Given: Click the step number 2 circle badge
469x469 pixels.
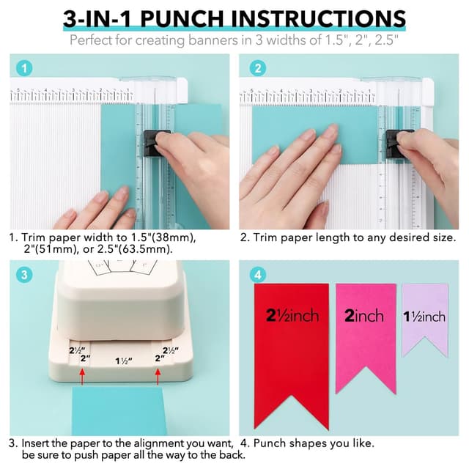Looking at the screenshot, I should point(257,69).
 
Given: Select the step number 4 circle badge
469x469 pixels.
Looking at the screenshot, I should point(257,276).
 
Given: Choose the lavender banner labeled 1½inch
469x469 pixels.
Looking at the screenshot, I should point(424,315).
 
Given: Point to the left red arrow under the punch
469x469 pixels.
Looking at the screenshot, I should point(81,377).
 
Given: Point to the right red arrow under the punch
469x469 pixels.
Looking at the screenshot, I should point(158,377).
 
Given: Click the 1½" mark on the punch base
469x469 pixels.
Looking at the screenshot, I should point(125,361).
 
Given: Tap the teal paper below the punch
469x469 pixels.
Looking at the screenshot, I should point(119,410).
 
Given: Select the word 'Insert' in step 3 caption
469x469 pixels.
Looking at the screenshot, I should point(37,443).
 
